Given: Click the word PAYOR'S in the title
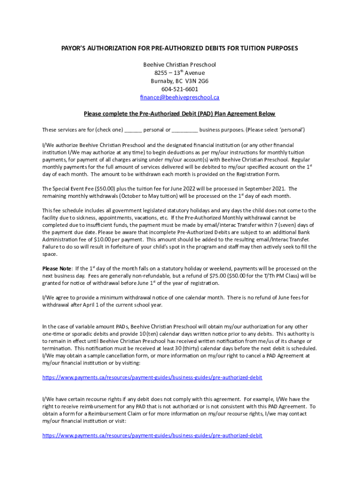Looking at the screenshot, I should (x=77, y=49).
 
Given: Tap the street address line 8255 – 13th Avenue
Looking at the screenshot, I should (x=180, y=73).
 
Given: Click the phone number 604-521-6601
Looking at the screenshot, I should (x=180, y=89).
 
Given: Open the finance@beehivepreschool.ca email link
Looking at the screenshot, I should (x=180, y=97).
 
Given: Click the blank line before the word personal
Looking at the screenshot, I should (x=133, y=130).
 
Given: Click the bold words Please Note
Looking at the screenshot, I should (x=57, y=269).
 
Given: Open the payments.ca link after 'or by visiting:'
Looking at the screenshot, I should (x=152, y=377).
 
